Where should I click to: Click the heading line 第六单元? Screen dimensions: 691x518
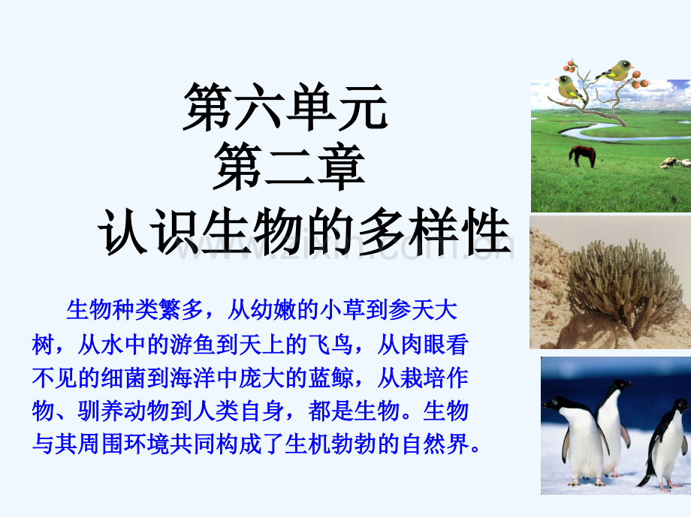285,107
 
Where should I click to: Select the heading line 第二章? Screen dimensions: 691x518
289,167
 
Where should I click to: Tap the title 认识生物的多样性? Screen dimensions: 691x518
304,230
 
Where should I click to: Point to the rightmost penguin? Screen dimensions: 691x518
665,445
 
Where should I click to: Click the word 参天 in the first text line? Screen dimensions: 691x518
411,309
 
